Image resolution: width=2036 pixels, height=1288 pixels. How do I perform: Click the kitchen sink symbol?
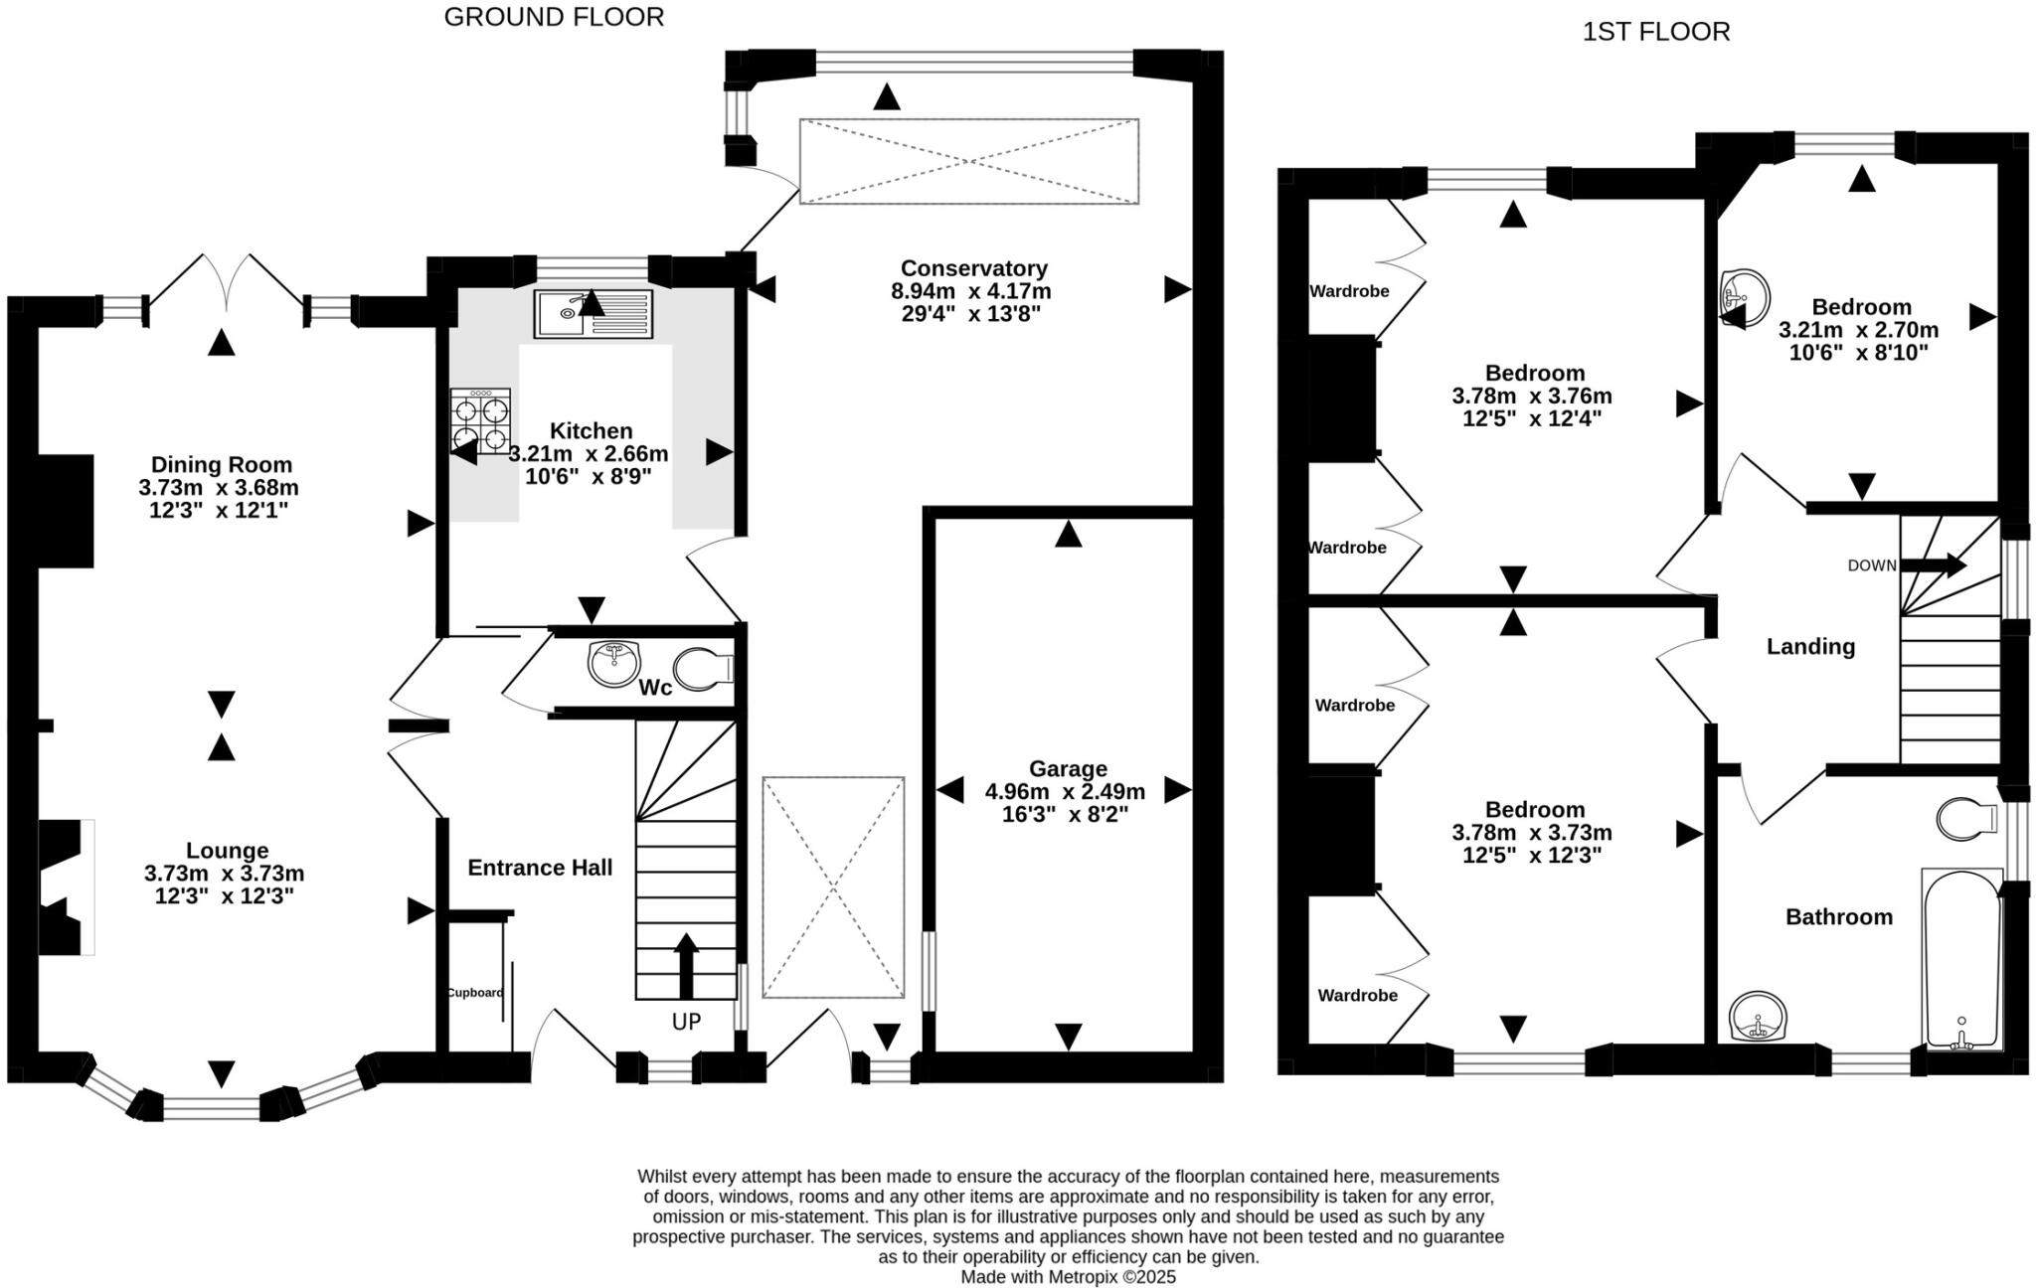coord(594,314)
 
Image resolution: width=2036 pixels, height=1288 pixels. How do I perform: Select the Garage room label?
coord(1068,768)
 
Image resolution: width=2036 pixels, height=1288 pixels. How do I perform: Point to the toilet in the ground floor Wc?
coord(702,669)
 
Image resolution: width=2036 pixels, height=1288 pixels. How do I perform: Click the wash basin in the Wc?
coord(613,663)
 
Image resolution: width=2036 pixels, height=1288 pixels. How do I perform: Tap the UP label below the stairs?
coord(686,1022)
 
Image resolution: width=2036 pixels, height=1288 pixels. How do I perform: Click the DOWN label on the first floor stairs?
coord(1871,565)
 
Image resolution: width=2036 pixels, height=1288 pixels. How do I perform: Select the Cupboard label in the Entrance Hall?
coord(474,992)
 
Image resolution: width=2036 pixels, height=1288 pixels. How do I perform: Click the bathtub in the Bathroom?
coord(1960,959)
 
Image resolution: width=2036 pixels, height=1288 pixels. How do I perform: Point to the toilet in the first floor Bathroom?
coord(1966,818)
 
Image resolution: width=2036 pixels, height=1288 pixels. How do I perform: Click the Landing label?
coord(1810,647)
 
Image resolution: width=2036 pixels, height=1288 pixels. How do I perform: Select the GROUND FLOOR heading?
coord(554,17)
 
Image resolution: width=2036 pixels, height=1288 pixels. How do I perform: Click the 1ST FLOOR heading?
coord(1656,32)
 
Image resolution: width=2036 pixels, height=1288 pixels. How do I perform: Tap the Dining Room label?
coord(221,464)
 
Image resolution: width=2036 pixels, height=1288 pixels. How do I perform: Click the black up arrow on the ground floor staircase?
coord(686,965)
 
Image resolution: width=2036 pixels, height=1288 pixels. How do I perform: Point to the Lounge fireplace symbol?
coord(63,886)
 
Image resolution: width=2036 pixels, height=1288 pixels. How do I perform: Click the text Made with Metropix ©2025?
coord(1068,1277)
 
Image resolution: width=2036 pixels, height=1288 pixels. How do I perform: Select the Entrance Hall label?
coord(540,868)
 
